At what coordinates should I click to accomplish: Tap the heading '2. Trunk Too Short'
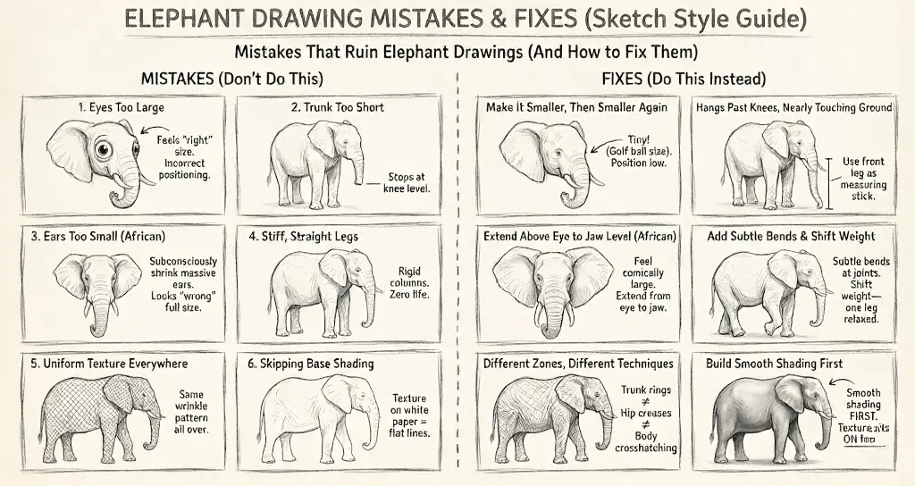click(338, 107)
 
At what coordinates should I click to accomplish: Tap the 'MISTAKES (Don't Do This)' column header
click(232, 78)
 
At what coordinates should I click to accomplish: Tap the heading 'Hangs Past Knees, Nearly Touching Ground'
click(793, 107)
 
